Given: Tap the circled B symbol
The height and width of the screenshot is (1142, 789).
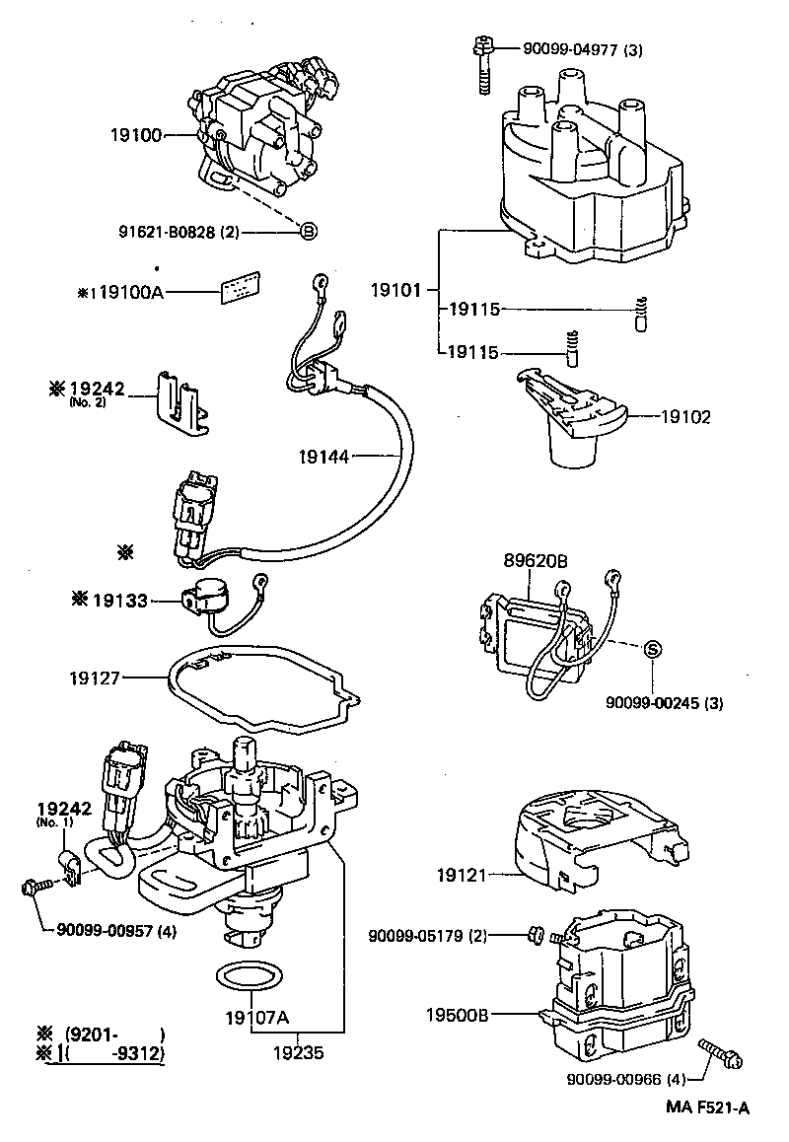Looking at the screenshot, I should click(308, 233).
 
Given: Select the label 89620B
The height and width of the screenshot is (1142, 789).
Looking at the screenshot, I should click(536, 561).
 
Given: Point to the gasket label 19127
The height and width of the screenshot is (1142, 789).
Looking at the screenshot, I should click(95, 678).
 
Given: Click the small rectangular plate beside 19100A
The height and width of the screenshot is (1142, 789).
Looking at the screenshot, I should click(241, 288).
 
